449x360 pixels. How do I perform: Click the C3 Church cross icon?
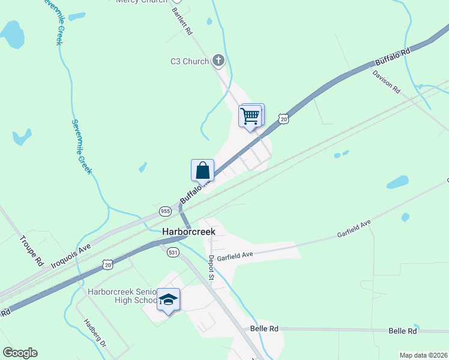point(218,60)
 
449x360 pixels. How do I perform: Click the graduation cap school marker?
point(169,299)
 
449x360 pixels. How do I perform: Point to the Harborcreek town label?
point(189,232)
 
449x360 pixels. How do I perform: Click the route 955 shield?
point(165,211)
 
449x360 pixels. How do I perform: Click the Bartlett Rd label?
point(181,20)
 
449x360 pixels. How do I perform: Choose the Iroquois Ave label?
point(70,255)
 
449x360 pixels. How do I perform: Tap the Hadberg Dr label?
point(95,334)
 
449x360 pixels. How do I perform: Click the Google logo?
point(20,353)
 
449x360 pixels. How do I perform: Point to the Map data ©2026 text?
point(423,355)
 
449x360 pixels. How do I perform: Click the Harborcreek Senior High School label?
point(121,296)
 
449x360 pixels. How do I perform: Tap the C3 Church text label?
point(189,61)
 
